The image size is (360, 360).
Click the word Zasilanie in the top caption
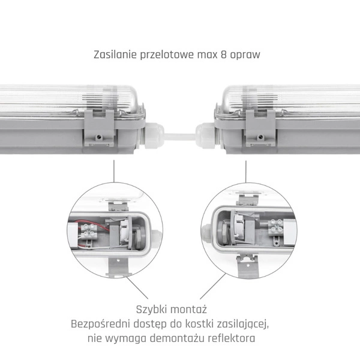[x=115, y=55]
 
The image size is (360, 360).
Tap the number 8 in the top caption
[x=224, y=55]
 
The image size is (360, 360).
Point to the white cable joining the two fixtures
[x=180, y=137]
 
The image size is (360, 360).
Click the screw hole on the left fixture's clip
[x=99, y=137]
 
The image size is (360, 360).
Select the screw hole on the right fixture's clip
[x=260, y=137]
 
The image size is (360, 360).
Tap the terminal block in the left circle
[x=89, y=232]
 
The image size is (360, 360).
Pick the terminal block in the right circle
[x=276, y=227]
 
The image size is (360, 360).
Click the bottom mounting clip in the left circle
[x=118, y=266]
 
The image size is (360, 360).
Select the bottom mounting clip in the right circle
[x=247, y=266]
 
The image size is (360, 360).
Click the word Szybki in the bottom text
[x=151, y=310]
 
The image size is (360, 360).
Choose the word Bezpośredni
[x=100, y=324]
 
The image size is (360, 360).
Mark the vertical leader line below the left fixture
[x=114, y=171]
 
